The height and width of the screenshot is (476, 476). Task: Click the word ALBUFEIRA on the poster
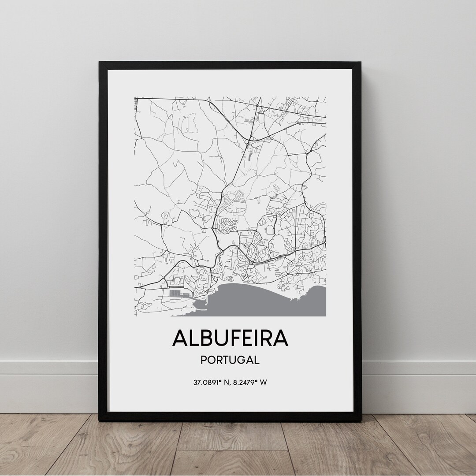pyautogui.click(x=230, y=338)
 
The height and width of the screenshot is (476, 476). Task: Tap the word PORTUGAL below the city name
pyautogui.click(x=230, y=360)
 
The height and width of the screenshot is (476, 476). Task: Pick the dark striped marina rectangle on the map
pyautogui.click(x=175, y=293)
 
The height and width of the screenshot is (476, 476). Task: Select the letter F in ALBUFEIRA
pyautogui.click(x=232, y=338)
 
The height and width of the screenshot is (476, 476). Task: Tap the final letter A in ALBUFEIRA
pyautogui.click(x=280, y=338)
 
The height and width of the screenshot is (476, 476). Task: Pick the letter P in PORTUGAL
pyautogui.click(x=204, y=360)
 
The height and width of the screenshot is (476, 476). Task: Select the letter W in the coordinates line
pyautogui.click(x=263, y=382)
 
